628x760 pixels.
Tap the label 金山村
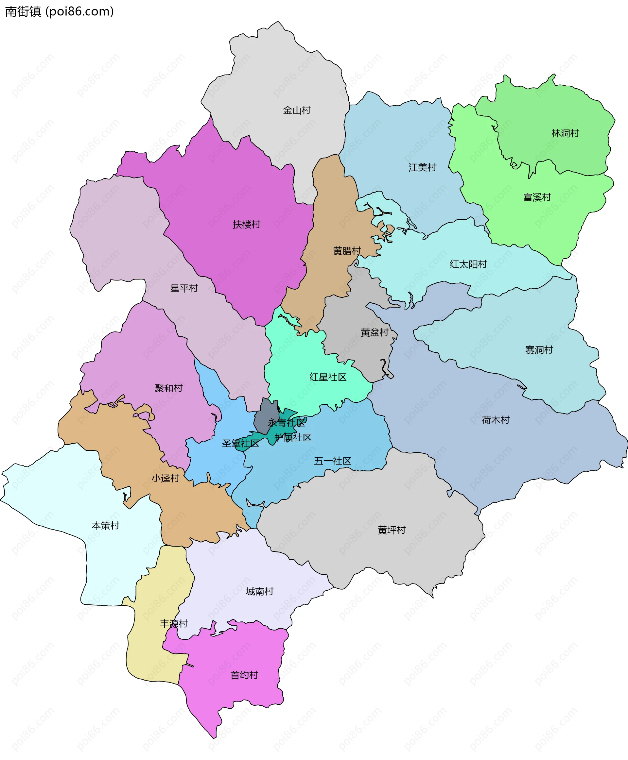297,110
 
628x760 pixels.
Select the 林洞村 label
565,133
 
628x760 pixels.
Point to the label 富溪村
537,197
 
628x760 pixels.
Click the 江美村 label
423,167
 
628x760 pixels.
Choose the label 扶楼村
246,225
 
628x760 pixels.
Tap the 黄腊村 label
347,251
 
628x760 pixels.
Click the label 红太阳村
468,264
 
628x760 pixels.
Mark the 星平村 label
184,288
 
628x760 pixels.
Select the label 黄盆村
375,332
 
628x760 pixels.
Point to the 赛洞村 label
539,350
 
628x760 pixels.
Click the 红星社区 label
328,377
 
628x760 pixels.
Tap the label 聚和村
168,388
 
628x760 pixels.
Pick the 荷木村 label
496,420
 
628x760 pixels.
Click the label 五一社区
332,461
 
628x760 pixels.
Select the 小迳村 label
165,478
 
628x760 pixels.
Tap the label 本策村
105,525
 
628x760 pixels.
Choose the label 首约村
244,675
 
